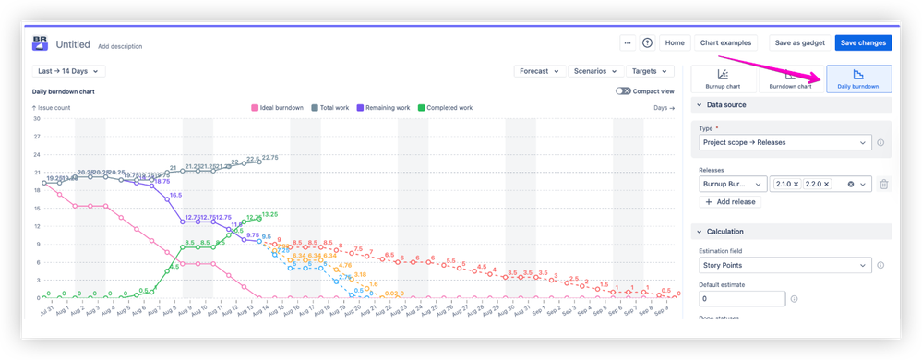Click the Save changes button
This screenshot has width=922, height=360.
863,42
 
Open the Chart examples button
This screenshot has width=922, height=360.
724,42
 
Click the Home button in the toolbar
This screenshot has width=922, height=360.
675,42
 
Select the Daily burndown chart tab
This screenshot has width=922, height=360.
858,79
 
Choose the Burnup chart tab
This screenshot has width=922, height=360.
724,79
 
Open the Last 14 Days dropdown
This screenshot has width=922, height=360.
68,71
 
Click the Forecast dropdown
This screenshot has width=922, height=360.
539,71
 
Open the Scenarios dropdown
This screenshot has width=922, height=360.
595,71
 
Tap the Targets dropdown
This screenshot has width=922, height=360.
650,71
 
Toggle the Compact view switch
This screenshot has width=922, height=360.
624,91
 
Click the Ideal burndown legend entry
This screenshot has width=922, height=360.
278,108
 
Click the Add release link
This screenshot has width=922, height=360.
731,201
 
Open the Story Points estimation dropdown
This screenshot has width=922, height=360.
784,266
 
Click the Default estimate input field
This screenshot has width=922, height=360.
742,299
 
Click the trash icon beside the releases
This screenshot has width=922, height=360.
883,185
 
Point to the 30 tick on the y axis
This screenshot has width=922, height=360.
36,118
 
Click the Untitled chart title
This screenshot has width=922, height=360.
74,43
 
